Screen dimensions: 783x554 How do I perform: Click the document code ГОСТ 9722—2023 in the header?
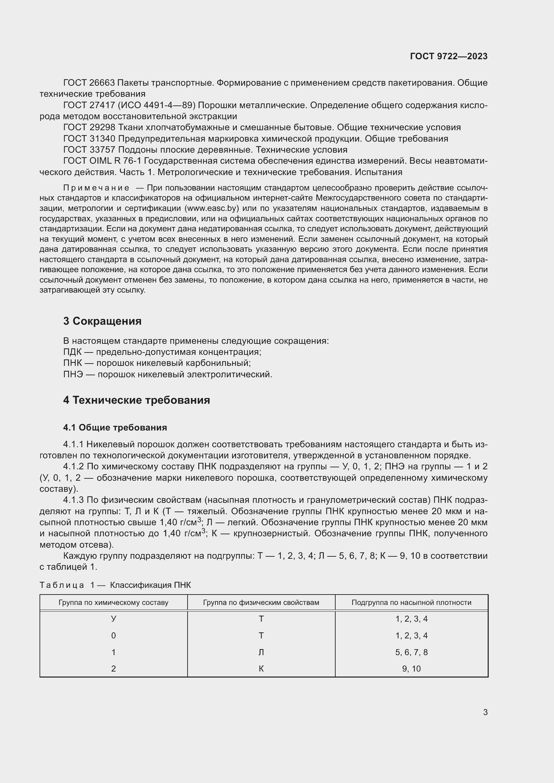point(448,56)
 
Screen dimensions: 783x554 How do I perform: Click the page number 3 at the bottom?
point(485,712)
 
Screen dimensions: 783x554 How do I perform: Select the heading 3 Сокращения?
point(102,321)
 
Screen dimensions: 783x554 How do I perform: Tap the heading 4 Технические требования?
point(136,400)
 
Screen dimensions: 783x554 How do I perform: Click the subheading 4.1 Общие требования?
point(115,427)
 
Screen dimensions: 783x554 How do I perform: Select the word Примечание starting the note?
point(96,188)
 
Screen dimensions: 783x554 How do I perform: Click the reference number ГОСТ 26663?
point(89,83)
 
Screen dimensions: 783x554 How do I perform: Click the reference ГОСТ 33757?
point(89,150)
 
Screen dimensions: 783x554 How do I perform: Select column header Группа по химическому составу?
point(113,603)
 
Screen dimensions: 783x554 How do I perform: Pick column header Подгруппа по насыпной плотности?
point(411,603)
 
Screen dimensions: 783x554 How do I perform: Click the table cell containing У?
point(113,619)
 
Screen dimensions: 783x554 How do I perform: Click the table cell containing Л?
point(261,652)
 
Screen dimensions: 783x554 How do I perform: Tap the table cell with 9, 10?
point(411,669)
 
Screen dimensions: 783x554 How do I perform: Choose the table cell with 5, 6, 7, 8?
point(411,652)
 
